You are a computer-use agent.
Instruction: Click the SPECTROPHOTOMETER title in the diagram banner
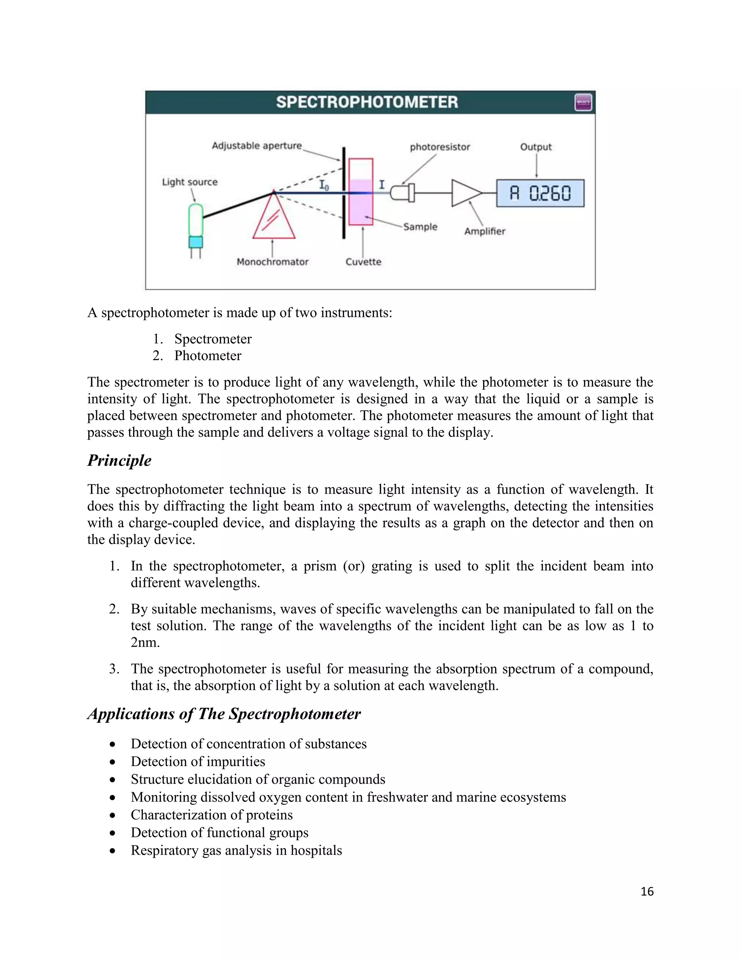(367, 102)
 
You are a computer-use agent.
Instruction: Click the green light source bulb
(196, 220)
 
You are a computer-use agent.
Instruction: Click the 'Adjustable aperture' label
(257, 145)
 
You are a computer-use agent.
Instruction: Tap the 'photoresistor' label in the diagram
(440, 147)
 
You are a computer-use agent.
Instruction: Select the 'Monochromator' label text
(272, 262)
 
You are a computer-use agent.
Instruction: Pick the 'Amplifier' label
(484, 231)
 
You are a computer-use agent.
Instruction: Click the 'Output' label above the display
(535, 147)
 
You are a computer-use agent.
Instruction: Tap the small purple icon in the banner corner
(583, 103)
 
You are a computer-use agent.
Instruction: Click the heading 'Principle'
(119, 461)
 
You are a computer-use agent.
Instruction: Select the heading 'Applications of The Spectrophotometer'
(224, 714)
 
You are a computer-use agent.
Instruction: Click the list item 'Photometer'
(208, 356)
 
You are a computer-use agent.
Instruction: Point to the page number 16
(647, 891)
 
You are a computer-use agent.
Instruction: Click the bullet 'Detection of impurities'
(198, 761)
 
